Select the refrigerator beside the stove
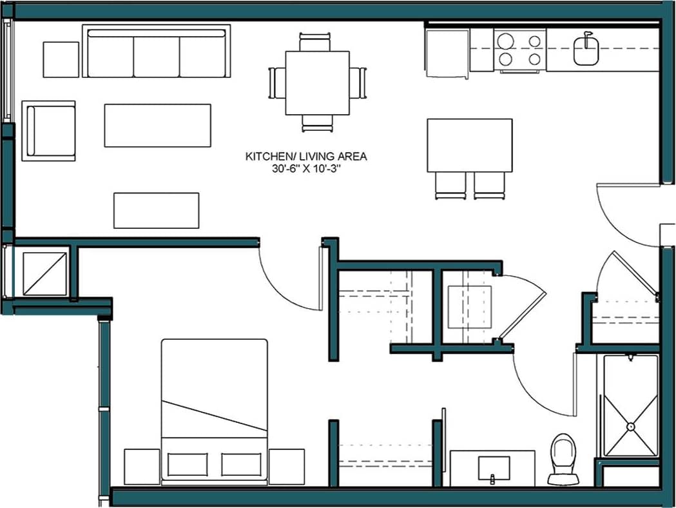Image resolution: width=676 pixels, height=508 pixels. coord(447,51)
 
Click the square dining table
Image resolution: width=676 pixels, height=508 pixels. coord(317,83)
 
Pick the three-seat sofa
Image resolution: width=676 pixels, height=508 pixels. coord(157,52)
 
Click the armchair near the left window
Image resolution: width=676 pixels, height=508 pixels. coord(49,131)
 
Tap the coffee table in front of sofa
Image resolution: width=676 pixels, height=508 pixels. coord(157,125)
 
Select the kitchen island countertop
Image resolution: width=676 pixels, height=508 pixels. coord(469,145)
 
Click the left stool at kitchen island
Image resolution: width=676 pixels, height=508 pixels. coord(450,186)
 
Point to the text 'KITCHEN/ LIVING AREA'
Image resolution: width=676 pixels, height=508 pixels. coord(306,156)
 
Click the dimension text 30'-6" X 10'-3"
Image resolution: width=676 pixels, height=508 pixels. coord(306,168)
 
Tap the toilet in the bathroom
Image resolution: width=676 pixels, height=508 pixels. coord(563,458)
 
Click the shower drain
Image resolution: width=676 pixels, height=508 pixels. coord(631,425)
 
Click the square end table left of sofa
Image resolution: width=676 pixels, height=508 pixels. coord(61,59)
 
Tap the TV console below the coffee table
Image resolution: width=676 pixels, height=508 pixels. coord(156,210)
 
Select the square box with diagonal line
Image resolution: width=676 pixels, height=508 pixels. coord(45,273)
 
